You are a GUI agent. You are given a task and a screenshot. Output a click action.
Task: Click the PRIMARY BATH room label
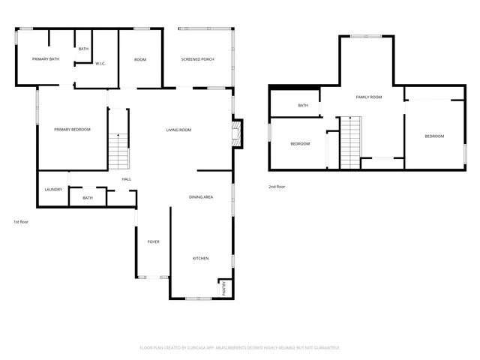point(45,59)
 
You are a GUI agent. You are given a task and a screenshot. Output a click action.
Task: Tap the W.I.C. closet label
point(100,64)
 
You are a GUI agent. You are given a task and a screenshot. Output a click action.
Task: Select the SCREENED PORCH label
point(198,59)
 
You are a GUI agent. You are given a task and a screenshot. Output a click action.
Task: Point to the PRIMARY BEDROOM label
point(72,130)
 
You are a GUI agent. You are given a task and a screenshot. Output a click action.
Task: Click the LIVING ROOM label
point(178,130)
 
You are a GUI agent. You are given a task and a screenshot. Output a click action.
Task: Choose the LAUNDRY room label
point(52,190)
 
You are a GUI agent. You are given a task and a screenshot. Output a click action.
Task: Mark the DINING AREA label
point(201,197)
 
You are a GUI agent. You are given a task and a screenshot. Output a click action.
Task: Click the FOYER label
point(153,241)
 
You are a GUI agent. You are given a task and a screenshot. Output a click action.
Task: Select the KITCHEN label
point(200,259)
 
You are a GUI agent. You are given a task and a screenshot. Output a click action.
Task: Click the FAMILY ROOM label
point(369,97)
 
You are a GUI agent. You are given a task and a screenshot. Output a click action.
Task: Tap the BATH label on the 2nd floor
point(303,106)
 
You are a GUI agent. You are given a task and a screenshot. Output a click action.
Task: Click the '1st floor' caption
point(21,222)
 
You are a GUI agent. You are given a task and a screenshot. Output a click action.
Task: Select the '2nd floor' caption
point(277,187)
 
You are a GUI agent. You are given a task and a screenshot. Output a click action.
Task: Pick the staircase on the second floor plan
point(351,142)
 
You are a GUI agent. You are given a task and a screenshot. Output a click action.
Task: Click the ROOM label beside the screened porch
point(140,59)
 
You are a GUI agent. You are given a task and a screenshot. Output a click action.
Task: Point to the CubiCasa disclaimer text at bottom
point(239,348)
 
